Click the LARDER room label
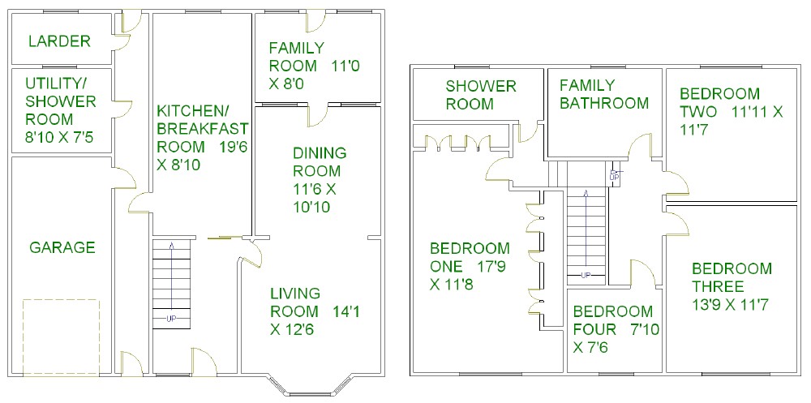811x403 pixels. pyautogui.click(x=59, y=41)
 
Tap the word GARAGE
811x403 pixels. pyautogui.click(x=62, y=247)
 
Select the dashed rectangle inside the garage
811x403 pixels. pyautogui.click(x=61, y=337)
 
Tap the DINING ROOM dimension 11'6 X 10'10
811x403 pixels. pyautogui.click(x=315, y=198)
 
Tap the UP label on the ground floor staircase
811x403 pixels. pyautogui.click(x=171, y=319)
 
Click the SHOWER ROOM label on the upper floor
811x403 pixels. pyautogui.click(x=481, y=95)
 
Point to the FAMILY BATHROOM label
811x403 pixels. pyautogui.click(x=604, y=93)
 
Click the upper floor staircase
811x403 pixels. pyautogui.click(x=586, y=222)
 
